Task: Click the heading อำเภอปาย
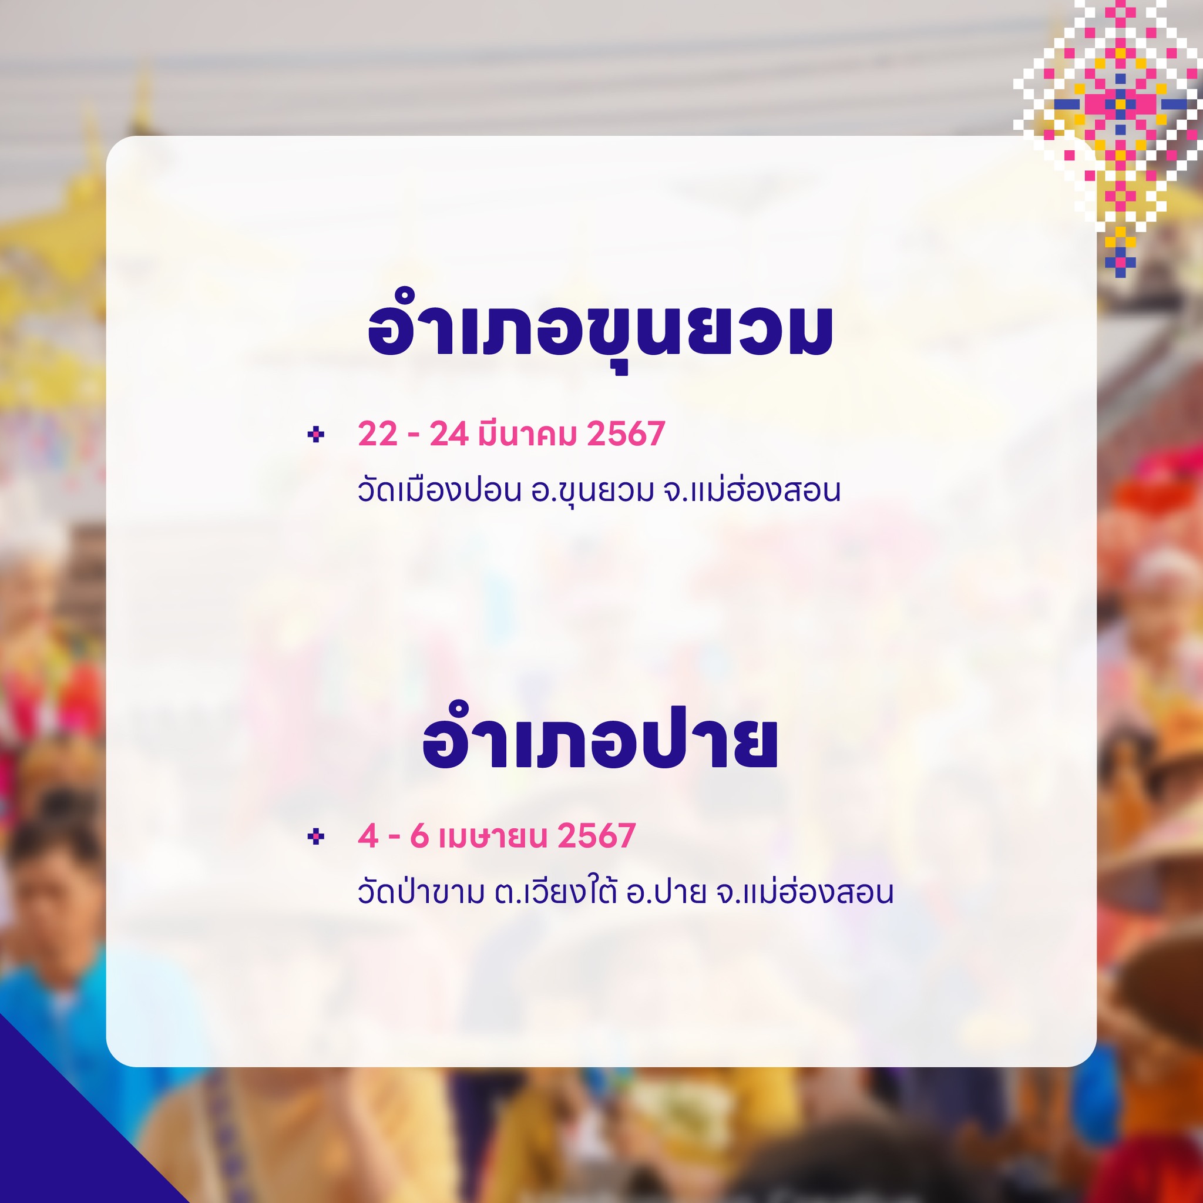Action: pos(600,740)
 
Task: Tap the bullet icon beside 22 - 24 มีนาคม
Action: pos(315,434)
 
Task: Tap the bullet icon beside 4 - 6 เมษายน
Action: pos(315,836)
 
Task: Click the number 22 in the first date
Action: pos(377,434)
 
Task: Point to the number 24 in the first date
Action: pos(448,434)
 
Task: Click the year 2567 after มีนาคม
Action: pos(626,434)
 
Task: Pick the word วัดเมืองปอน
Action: pos(439,490)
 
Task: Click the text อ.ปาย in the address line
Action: pos(667,892)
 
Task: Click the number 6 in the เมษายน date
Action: pos(419,836)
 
